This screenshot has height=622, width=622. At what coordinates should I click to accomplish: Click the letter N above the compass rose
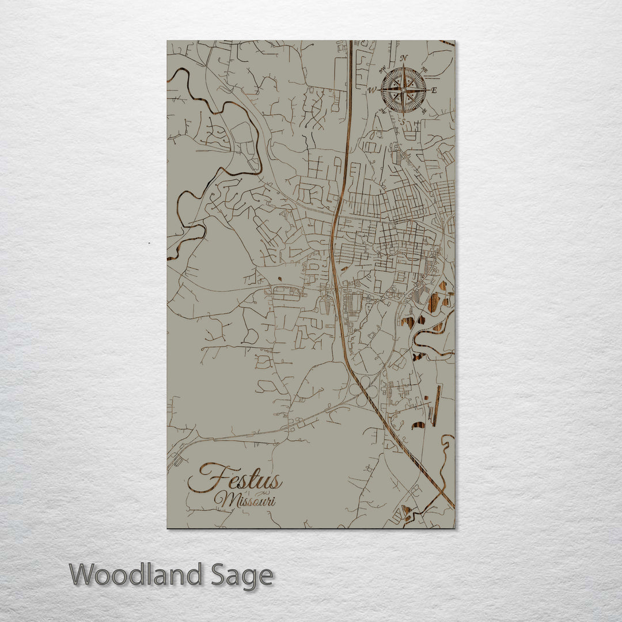pos(404,57)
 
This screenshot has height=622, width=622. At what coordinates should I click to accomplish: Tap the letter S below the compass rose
pos(403,122)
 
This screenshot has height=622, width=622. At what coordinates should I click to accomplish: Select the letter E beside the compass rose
pos(434,90)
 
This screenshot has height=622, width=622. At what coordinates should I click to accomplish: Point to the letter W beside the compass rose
pos(372,90)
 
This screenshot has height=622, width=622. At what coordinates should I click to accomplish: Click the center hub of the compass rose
pos(404,90)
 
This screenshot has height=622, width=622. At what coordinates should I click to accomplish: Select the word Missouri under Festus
pos(245,499)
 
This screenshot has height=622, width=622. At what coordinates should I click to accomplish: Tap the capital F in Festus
pos(204,478)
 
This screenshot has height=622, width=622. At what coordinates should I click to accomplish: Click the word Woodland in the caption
pos(136,575)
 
